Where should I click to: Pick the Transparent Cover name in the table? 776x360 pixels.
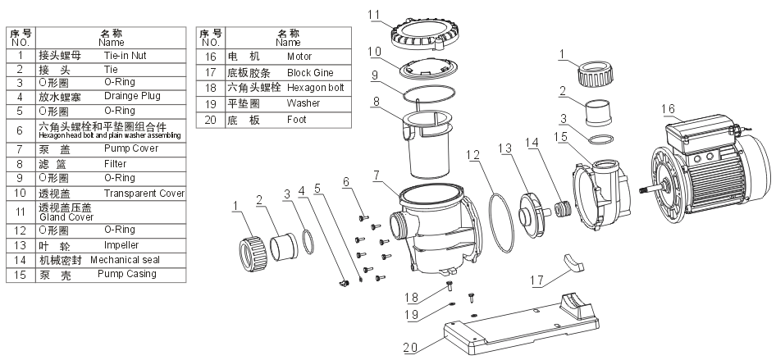(x=144, y=194)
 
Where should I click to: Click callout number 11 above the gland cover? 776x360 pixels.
(x=374, y=15)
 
